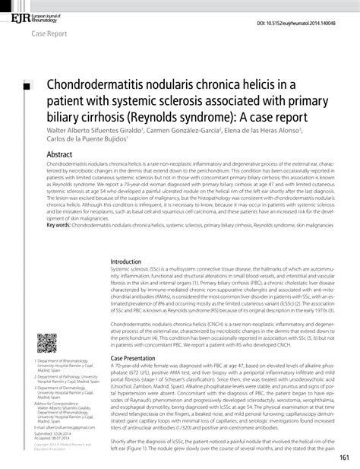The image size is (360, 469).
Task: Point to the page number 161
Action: pyautogui.click(x=344, y=457)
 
